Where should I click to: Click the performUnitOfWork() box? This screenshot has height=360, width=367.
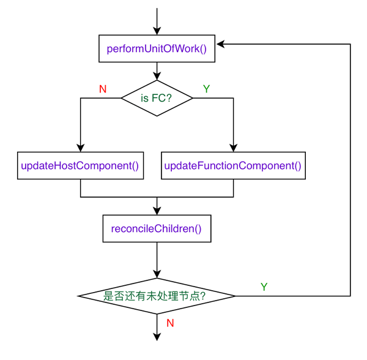[157, 48]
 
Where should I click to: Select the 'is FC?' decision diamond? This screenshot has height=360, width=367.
[157, 97]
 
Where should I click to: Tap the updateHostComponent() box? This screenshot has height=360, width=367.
[80, 165]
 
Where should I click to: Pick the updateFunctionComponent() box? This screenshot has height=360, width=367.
[233, 165]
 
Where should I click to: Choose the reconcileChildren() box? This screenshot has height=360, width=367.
[157, 230]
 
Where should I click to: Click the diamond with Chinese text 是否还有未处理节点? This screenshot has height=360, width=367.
[157, 296]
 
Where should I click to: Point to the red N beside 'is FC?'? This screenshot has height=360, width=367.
[102, 89]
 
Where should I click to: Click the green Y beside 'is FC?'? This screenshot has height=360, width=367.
[206, 89]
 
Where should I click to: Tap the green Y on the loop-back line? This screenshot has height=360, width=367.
[264, 287]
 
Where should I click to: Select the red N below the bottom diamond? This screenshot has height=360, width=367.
[171, 321]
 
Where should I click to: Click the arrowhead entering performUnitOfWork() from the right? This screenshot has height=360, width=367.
[221, 44]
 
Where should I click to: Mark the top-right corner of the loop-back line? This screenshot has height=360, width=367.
[350, 44]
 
